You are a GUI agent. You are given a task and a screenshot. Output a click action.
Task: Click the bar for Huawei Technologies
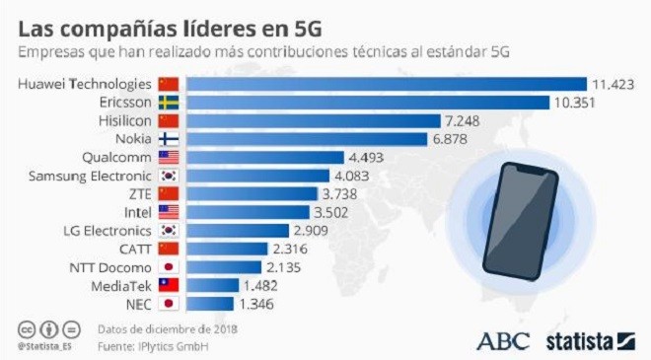point(387,84)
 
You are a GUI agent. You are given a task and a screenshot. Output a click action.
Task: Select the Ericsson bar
point(368,103)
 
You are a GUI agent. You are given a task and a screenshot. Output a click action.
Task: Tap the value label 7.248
point(462,121)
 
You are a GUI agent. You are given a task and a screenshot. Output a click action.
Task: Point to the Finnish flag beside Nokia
point(169,139)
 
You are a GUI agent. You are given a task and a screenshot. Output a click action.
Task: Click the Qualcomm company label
point(116,158)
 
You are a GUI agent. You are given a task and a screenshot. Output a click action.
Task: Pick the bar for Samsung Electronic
point(257,176)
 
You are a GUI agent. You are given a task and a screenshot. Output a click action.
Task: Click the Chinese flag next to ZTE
point(169,194)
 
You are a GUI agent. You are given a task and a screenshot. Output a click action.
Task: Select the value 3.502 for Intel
point(330,213)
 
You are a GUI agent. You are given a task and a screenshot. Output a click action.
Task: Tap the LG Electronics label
point(108,231)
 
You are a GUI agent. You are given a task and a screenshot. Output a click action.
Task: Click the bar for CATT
point(227,249)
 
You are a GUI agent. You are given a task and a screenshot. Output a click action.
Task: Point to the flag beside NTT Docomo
point(169,267)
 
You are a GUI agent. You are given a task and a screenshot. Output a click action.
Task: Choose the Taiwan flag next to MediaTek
point(169,285)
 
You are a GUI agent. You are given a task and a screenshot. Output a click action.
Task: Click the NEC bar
point(210,304)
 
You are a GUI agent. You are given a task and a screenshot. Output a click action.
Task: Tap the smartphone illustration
point(521,221)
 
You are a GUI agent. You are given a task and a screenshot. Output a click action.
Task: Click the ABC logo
point(503,341)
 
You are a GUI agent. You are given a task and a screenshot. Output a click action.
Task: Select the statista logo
point(591,341)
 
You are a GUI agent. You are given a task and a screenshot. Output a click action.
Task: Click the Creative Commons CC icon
point(27,330)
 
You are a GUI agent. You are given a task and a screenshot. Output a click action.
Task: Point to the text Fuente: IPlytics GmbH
point(153,346)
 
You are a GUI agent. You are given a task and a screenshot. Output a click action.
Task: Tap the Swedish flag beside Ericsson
point(169,103)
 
